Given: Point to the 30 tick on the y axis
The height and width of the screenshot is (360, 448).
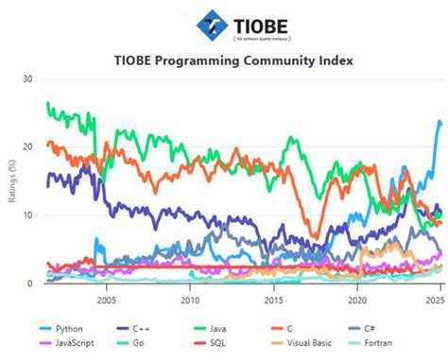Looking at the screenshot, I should tap(28, 79).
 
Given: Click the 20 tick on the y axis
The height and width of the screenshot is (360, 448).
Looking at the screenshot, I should tap(28, 147).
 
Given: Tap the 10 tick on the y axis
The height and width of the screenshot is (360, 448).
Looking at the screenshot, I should tap(28, 215).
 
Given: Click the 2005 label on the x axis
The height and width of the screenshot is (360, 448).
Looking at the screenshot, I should tap(106, 300).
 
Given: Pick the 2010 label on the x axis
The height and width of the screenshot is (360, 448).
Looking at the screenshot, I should tap(190, 300).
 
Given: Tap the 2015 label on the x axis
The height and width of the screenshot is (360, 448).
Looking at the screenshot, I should tap(273, 300).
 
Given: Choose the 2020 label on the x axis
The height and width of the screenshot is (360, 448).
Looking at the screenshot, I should tap(356, 300).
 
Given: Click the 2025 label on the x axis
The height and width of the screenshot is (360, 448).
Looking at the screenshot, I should tap(434, 300).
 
